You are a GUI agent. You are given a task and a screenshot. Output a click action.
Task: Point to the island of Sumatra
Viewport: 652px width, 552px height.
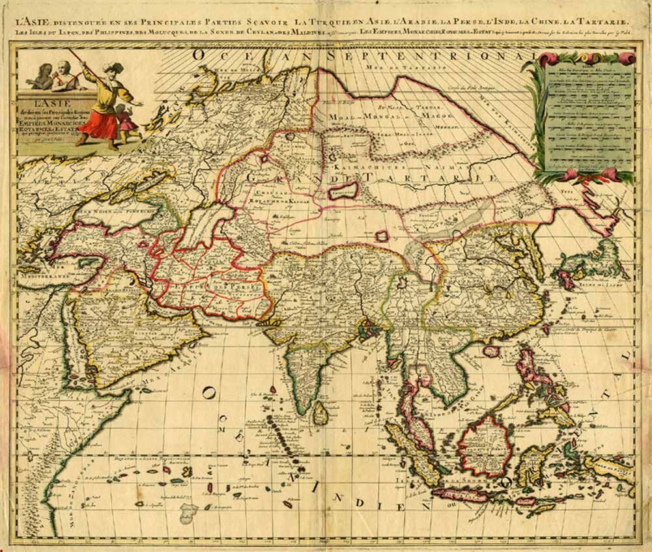pos(410,449)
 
